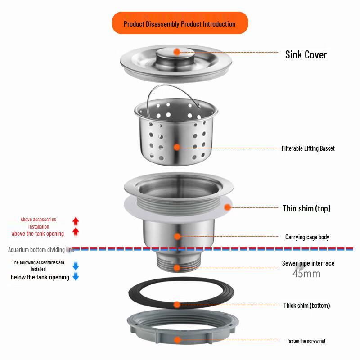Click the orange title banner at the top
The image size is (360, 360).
180,23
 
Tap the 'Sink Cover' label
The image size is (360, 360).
306,55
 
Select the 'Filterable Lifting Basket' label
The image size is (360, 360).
308,148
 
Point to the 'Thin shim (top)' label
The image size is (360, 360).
306,208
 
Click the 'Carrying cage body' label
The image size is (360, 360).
307,237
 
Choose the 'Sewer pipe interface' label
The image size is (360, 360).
308,263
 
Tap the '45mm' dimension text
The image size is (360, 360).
306,274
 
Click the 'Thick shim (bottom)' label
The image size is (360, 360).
307,306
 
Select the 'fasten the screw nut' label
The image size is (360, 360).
306,341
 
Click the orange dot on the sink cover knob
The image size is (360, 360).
177,52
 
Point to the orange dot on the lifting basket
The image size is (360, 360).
177,147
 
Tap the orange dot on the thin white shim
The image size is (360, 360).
227,207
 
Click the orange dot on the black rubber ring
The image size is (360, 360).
177,305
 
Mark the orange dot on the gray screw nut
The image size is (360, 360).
177,340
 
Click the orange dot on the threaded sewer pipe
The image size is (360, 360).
177,268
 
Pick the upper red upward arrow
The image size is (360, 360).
76,221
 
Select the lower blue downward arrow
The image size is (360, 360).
76,276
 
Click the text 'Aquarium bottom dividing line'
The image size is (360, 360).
41,250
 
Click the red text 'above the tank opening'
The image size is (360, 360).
38,234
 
